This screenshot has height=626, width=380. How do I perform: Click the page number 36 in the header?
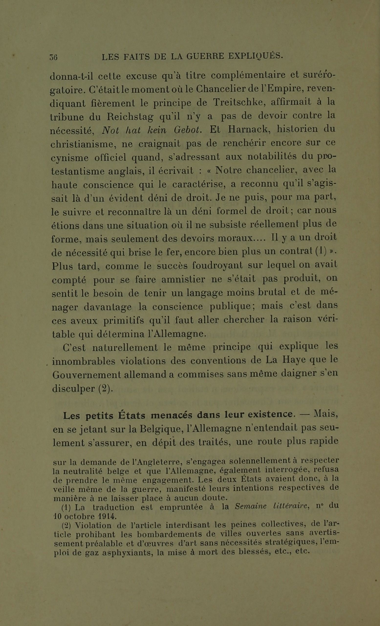coord(54,57)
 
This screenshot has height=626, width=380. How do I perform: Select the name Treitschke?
coord(239,102)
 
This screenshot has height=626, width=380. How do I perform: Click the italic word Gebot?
coord(188,130)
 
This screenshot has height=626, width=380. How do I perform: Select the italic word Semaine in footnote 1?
coord(251,506)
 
